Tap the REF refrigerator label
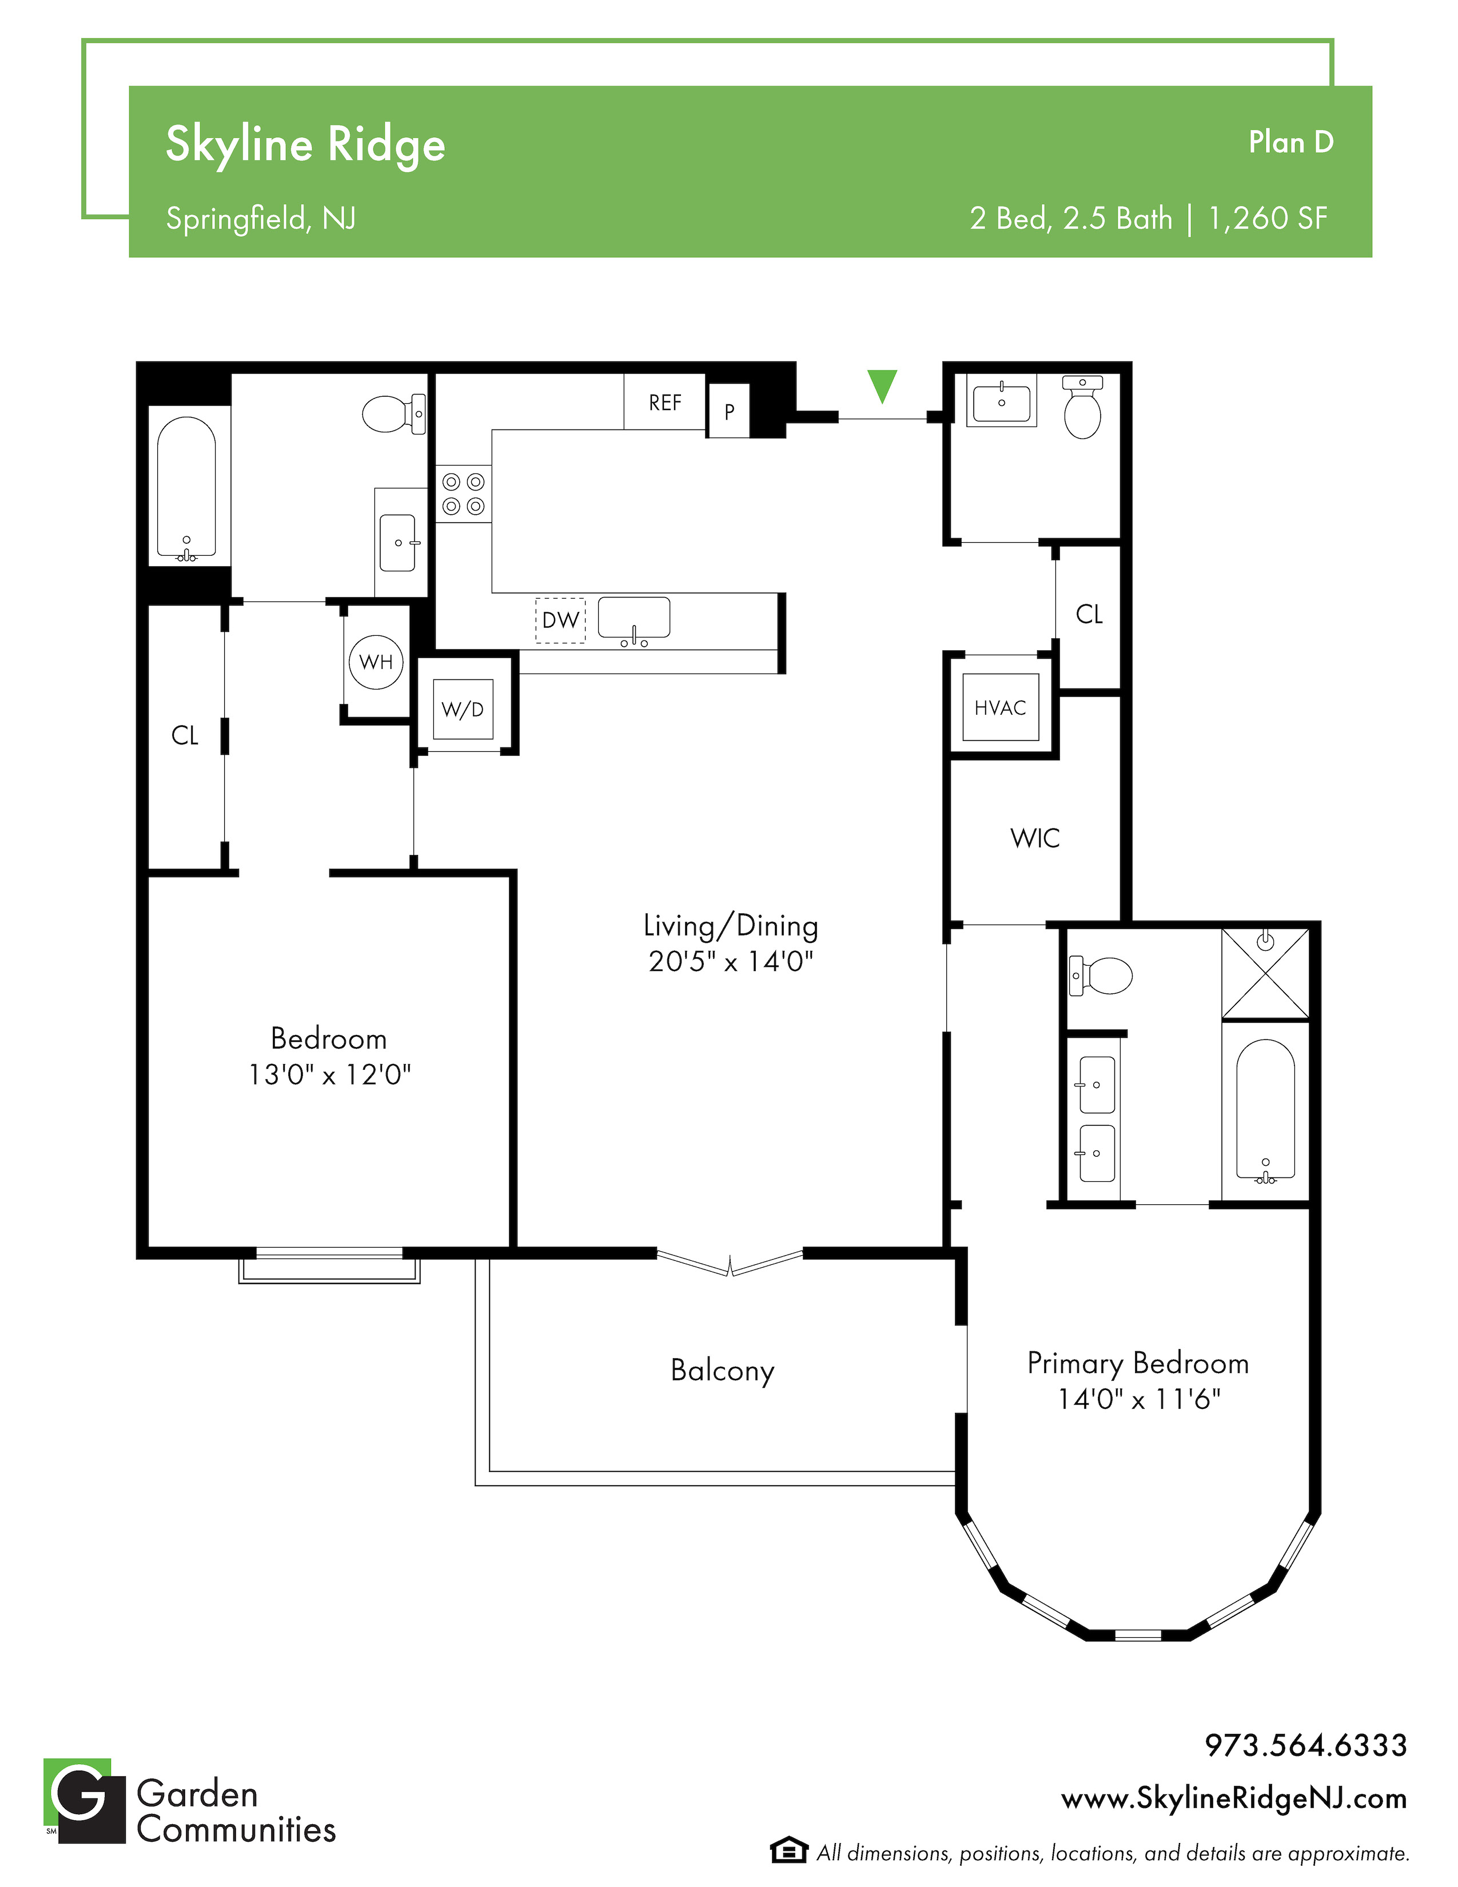665,403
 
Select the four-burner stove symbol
464,493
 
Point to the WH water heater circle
376,662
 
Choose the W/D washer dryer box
463,710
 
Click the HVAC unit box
1000,708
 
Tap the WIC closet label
1035,838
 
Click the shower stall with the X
1265,974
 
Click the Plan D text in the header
1291,142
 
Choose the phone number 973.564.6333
1306,1745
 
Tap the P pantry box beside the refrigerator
729,411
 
